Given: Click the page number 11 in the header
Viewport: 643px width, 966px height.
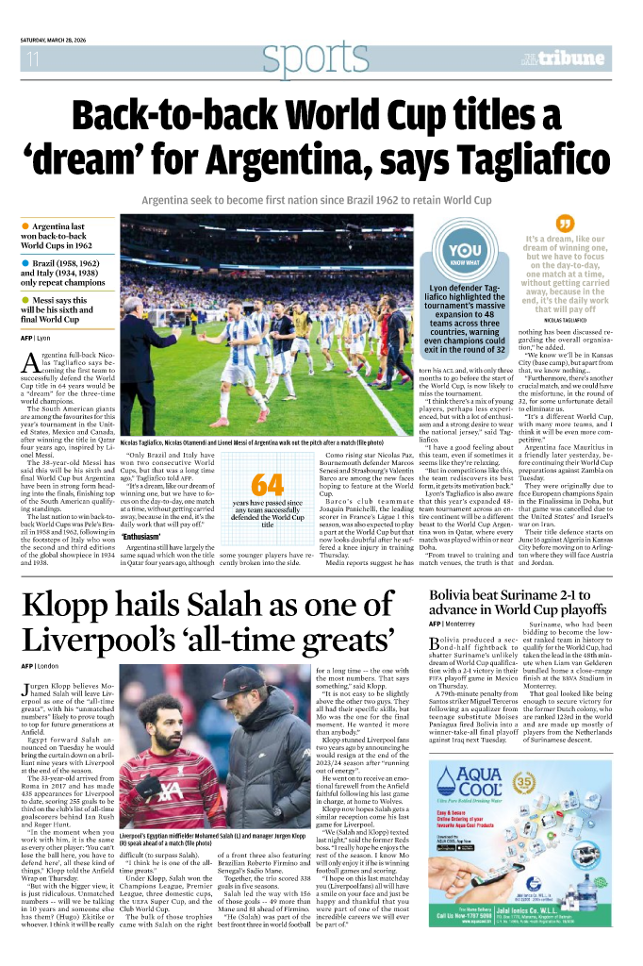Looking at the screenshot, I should pos(32,59).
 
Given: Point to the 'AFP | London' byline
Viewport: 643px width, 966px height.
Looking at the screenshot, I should pos(43,666).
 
